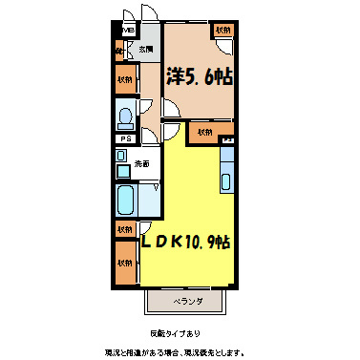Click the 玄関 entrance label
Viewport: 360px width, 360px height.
point(145,48)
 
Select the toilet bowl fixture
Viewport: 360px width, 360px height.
point(124,117)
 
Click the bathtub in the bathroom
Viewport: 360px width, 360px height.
point(125,201)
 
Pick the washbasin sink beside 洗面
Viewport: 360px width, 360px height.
point(122,171)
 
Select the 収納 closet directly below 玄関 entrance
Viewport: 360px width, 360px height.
point(125,80)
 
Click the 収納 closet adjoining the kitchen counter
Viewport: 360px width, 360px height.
point(204,132)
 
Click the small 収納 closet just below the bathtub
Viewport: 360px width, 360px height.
point(125,229)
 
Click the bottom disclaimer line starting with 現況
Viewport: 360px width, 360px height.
point(180,349)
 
